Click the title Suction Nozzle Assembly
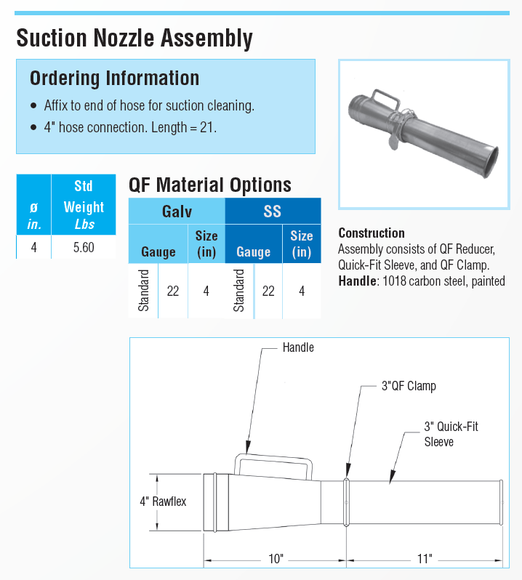(134, 38)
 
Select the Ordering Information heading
(114, 78)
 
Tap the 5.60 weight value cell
(84, 248)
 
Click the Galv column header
(177, 212)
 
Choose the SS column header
(272, 212)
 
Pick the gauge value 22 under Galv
(173, 291)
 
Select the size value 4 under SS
(301, 291)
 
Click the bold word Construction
(372, 233)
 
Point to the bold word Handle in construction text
(356, 281)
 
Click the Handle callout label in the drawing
(298, 348)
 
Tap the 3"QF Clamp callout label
(409, 386)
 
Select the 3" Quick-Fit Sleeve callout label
(451, 434)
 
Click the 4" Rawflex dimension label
(163, 502)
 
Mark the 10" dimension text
(276, 558)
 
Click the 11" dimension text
(425, 558)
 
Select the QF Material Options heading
(210, 185)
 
